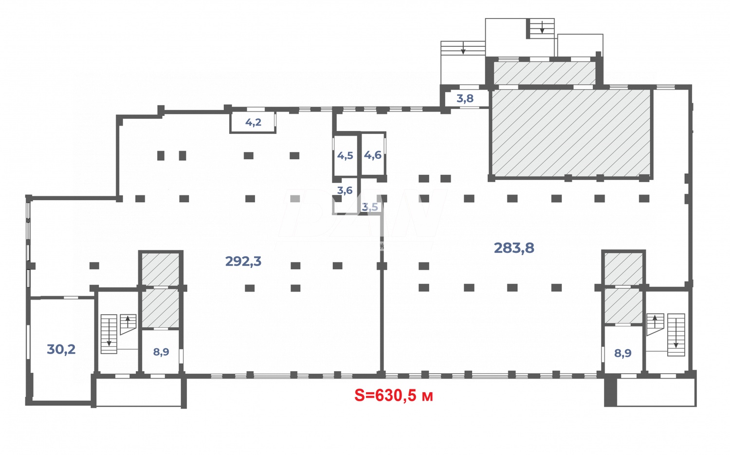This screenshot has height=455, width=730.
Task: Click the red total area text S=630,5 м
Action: (393, 396)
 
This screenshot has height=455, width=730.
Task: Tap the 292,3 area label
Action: (243, 262)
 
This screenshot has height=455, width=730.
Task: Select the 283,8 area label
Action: (514, 248)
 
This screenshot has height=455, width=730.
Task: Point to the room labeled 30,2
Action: (61, 349)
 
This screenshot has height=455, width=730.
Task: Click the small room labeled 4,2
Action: (253, 122)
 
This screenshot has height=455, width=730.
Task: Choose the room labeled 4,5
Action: (345, 156)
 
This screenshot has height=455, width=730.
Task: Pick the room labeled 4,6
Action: (373, 155)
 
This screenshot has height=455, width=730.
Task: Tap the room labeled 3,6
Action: (345, 190)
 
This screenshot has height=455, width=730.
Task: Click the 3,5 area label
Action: (370, 207)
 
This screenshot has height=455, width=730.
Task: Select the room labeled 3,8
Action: (465, 98)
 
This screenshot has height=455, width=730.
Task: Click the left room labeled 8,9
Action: (161, 352)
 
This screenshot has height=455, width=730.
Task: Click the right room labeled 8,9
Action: (622, 353)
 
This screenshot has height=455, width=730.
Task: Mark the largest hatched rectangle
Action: (571, 132)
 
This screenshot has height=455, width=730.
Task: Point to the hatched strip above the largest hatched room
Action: (545, 73)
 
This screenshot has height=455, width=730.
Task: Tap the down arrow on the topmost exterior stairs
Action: (542, 28)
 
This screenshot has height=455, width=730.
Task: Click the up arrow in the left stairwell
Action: (128, 321)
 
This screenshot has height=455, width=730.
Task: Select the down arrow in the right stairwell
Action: (676, 341)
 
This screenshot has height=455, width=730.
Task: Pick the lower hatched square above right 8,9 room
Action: (623, 306)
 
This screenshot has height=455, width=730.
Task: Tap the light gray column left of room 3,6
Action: (294, 199)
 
